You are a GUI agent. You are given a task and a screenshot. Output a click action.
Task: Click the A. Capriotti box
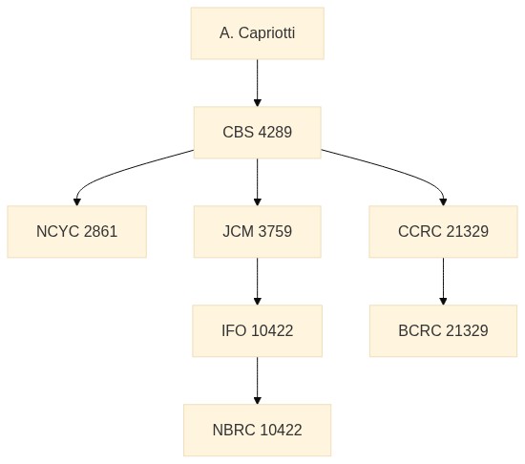tap(257, 33)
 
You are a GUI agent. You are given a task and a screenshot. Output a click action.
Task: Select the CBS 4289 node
tap(257, 133)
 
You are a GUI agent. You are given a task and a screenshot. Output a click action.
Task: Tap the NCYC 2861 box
tap(77, 232)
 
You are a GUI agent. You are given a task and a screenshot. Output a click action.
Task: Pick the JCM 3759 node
tap(257, 232)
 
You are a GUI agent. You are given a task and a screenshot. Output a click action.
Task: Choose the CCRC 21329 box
tap(443, 232)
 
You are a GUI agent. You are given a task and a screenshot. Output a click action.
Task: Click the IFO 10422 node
tap(257, 330)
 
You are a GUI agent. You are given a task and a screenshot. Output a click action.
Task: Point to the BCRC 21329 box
tap(443, 330)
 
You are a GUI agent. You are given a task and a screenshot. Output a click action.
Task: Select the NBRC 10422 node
tap(257, 431)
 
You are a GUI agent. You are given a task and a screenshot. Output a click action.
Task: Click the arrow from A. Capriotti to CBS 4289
tap(257, 83)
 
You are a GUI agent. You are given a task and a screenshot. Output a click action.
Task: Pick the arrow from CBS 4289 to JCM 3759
tap(257, 182)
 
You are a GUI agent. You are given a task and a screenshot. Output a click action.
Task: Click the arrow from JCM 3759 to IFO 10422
tap(257, 282)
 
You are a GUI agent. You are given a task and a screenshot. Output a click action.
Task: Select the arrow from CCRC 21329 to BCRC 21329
tap(443, 282)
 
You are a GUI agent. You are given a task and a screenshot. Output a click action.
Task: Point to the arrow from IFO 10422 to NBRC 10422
tap(257, 381)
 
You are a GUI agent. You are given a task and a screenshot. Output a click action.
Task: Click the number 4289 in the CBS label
tap(275, 133)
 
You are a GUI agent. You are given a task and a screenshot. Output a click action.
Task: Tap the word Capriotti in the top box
tap(267, 33)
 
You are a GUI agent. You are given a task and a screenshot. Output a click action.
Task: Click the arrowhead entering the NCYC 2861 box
tap(77, 201)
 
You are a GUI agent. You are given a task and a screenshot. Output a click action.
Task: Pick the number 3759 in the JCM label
tap(275, 232)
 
